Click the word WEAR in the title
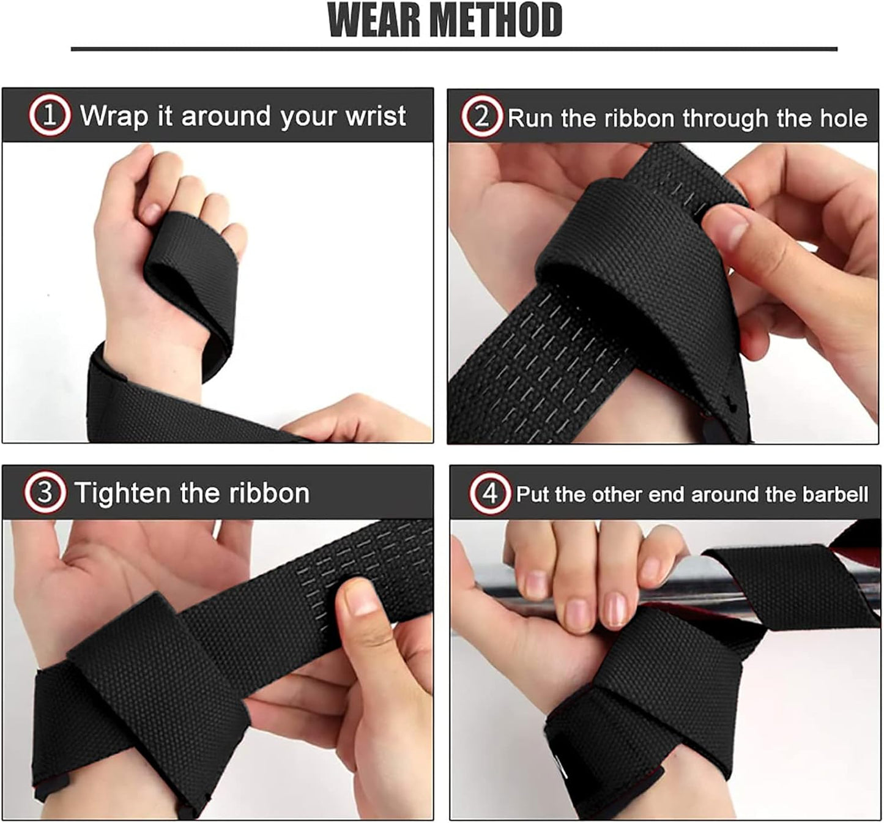tap(374, 21)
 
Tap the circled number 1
tap(49, 115)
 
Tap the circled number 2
tap(481, 116)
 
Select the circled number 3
tap(45, 492)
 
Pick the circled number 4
tap(489, 493)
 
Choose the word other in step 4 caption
tap(618, 494)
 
